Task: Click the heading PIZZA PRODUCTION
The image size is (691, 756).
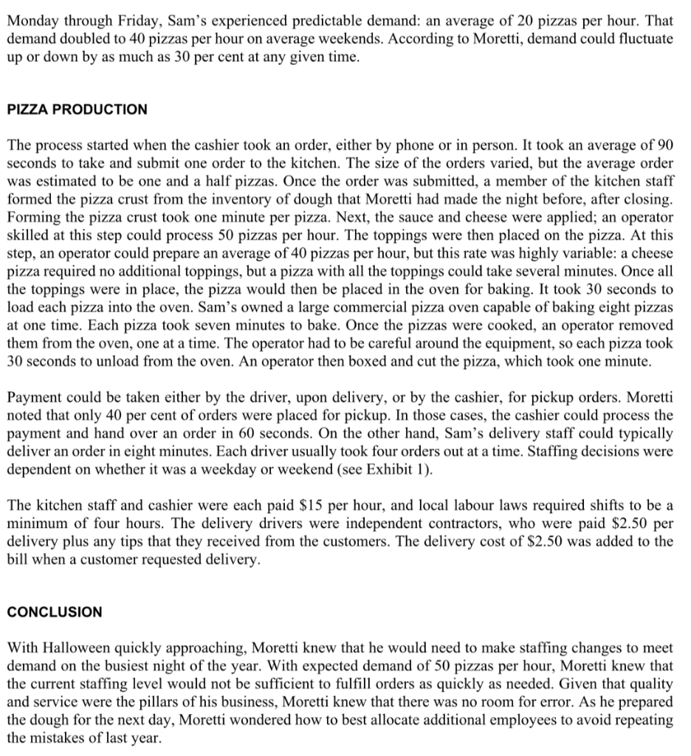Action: click(78, 109)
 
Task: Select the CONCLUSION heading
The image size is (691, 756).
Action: click(55, 612)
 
